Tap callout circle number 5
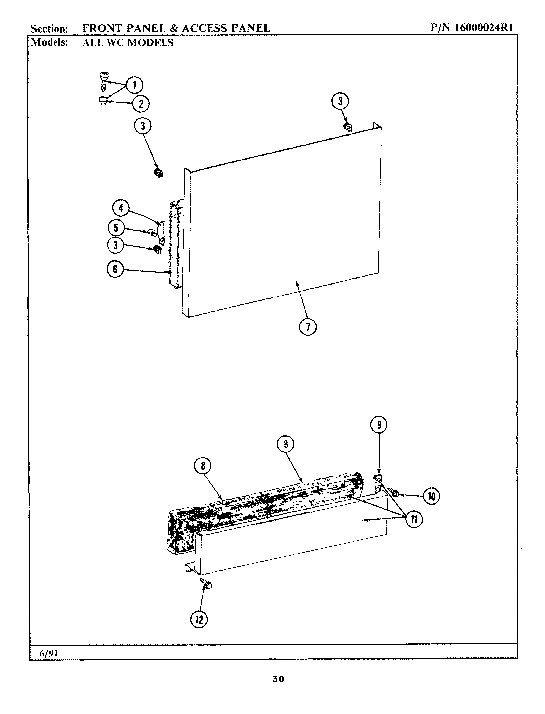[x=116, y=228]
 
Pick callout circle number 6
[x=115, y=269]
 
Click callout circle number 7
[x=308, y=326]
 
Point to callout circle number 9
[x=379, y=425]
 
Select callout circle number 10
[x=432, y=495]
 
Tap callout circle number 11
[x=413, y=519]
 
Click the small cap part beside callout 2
[x=103, y=101]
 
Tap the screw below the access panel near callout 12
[x=206, y=584]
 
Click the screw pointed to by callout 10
[x=396, y=493]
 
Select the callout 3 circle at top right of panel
[x=340, y=102]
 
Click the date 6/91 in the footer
[x=49, y=653]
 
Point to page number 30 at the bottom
[x=278, y=679]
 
